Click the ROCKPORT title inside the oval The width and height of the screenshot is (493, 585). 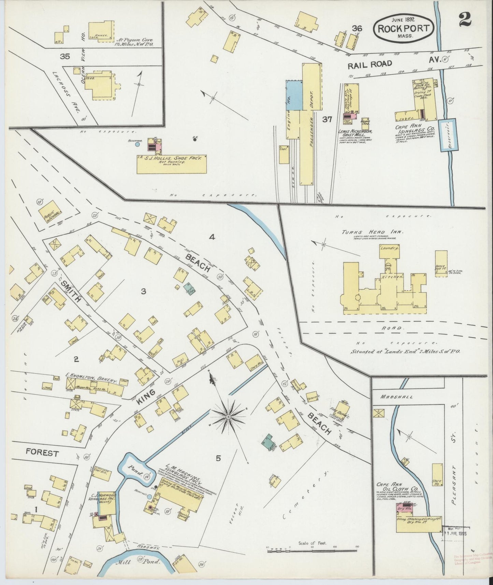(x=404, y=28)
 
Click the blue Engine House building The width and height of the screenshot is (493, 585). (x=294, y=95)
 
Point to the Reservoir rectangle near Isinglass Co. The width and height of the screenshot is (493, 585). (x=448, y=135)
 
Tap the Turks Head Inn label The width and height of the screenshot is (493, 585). (x=372, y=232)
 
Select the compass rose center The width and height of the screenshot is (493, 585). (x=228, y=417)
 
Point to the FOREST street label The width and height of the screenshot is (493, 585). (x=42, y=453)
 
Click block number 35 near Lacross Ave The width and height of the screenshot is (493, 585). (x=65, y=56)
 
